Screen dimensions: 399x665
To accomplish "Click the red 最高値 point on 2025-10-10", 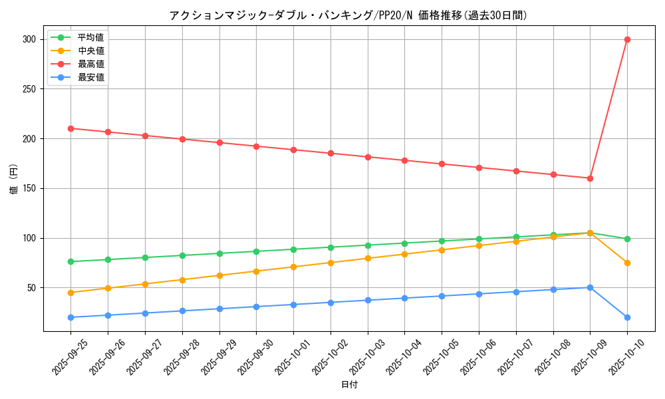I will [627, 39].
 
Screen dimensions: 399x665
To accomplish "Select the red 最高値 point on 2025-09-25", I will [70, 128].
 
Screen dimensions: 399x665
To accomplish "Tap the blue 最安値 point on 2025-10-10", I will [627, 317].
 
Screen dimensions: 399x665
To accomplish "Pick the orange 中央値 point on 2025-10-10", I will [627, 263].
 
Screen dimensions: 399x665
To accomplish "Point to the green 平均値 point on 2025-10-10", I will [627, 239].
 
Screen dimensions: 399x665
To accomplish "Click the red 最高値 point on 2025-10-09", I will [590, 178].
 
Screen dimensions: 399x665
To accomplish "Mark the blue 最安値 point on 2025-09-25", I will [70, 317].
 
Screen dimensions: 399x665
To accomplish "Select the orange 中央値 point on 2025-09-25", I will [70, 293].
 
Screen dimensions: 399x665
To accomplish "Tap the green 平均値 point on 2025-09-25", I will [70, 261].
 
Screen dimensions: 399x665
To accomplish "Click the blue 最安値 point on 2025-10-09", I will [590, 287].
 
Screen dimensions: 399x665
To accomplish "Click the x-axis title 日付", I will [349, 385].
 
